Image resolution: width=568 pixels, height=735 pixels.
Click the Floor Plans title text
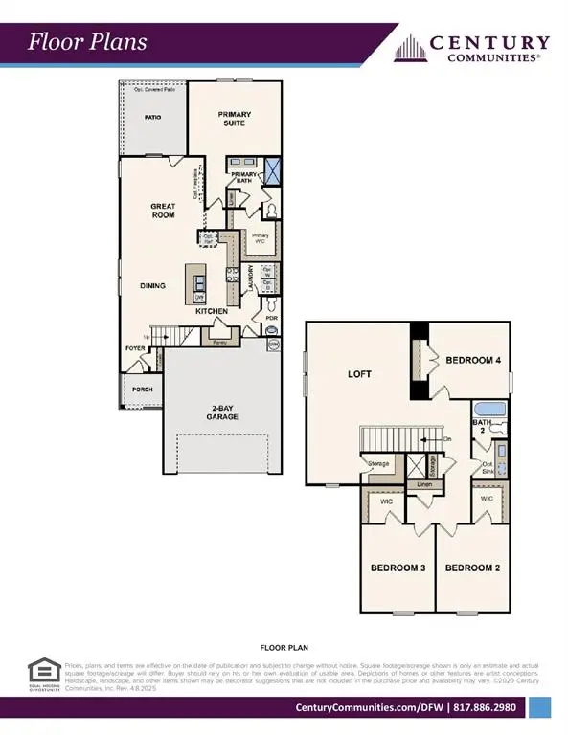point(87,42)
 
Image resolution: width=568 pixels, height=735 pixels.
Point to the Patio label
point(151,117)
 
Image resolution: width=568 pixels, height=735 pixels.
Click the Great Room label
point(163,211)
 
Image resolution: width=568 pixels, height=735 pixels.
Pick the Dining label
point(151,284)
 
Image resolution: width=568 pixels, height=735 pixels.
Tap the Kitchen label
point(213,311)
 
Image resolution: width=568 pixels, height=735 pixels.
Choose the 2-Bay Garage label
point(223,414)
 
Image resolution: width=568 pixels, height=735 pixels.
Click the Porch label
point(143,389)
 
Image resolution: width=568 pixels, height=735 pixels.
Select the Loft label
point(358,374)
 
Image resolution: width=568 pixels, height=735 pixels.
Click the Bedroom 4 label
point(474,360)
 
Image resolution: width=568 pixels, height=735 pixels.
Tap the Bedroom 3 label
point(398,568)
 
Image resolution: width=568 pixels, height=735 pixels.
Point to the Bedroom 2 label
point(473,568)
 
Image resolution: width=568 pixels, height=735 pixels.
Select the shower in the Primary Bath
point(272,172)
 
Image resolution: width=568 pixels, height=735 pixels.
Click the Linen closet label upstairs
point(422,485)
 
